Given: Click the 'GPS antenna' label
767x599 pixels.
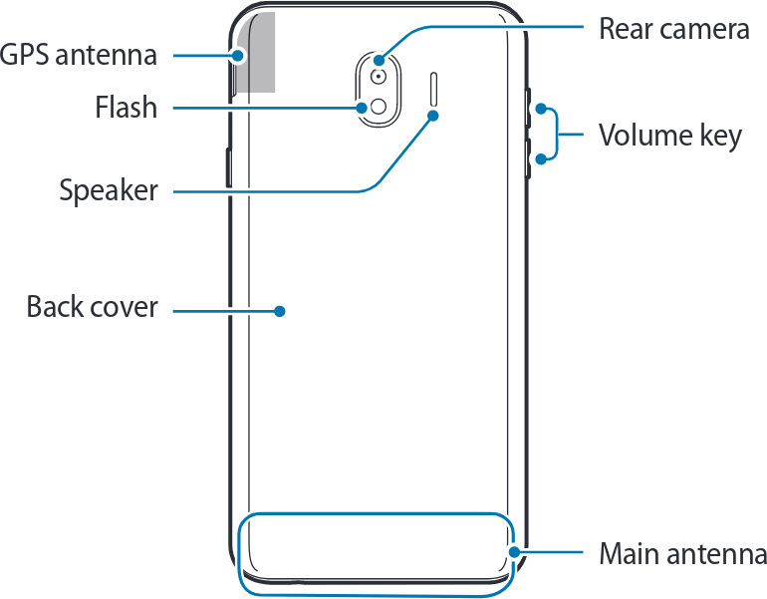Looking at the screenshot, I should tap(79, 55).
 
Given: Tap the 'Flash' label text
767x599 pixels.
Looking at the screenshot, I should tap(126, 107).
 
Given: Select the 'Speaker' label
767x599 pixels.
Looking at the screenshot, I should tap(108, 189).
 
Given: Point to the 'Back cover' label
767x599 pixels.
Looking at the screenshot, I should tap(92, 307).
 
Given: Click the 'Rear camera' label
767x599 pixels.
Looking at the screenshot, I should tap(673, 28).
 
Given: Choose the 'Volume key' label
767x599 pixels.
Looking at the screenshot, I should tap(669, 134).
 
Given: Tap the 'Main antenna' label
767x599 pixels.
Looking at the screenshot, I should tap(682, 554).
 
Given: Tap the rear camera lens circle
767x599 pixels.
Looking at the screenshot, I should tap(379, 76).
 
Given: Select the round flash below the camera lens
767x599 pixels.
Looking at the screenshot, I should tap(379, 107).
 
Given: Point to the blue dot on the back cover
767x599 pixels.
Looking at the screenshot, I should tap(281, 311).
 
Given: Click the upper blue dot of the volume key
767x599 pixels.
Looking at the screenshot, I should tap(539, 109).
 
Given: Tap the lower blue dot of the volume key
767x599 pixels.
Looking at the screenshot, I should tap(539, 159).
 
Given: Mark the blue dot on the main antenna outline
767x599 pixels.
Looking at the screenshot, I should tap(514, 551).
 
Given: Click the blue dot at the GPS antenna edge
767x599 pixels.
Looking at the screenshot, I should tap(238, 56).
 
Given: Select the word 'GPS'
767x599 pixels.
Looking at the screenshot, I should tap(27, 55).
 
